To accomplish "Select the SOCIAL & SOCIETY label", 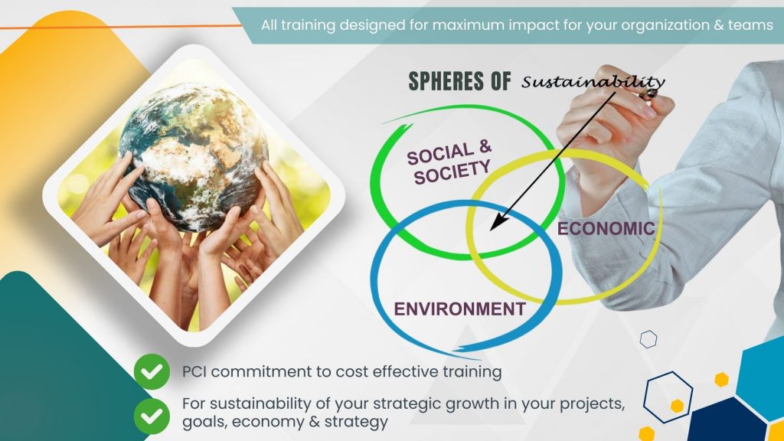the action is tap(449, 162).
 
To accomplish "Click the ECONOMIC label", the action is tap(606, 228).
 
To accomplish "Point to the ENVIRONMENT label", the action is tap(459, 309).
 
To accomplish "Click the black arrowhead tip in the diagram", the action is tap(491, 230).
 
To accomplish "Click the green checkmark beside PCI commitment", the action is tap(152, 371).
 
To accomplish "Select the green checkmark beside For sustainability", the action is tap(152, 416).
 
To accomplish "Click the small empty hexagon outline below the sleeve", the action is tap(648, 339).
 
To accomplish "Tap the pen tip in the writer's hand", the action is tap(649, 94).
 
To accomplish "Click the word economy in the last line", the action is tap(267, 422).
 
